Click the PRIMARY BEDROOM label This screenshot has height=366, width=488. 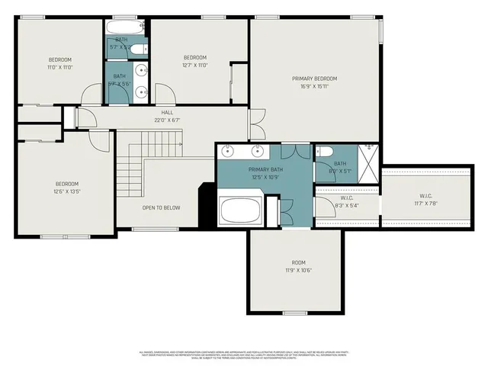(314, 79)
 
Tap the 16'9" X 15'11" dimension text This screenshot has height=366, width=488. (314, 86)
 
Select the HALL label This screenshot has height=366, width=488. (167, 112)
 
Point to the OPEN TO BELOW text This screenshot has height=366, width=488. (161, 207)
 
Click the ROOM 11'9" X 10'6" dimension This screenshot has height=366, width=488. (293, 270)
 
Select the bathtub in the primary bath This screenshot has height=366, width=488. (240, 209)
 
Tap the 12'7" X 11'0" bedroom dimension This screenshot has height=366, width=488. (195, 66)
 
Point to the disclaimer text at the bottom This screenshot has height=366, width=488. (244, 354)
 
